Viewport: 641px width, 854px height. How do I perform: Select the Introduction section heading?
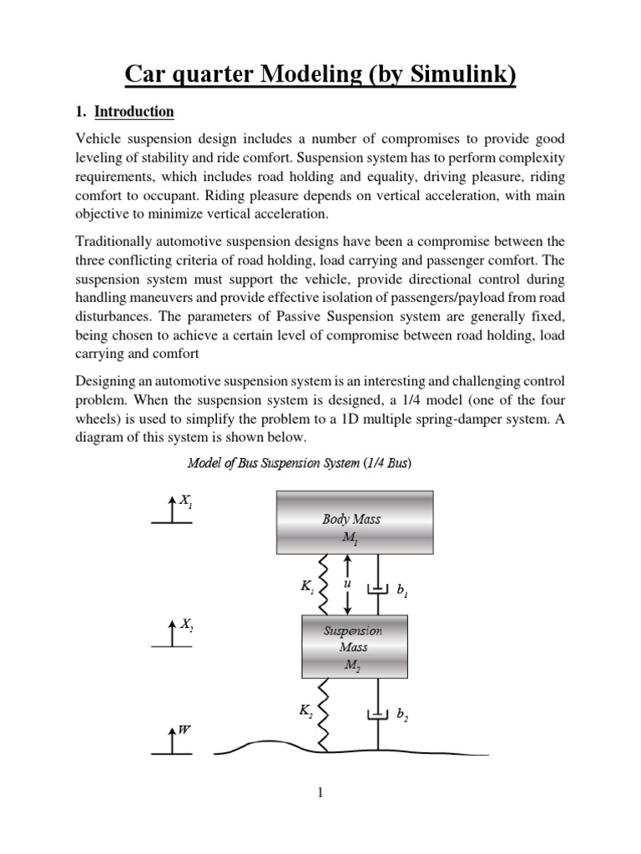click(134, 112)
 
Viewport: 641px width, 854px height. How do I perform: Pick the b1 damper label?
click(402, 590)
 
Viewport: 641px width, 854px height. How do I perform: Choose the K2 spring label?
click(306, 711)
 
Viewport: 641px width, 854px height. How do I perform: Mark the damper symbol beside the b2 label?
click(378, 715)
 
